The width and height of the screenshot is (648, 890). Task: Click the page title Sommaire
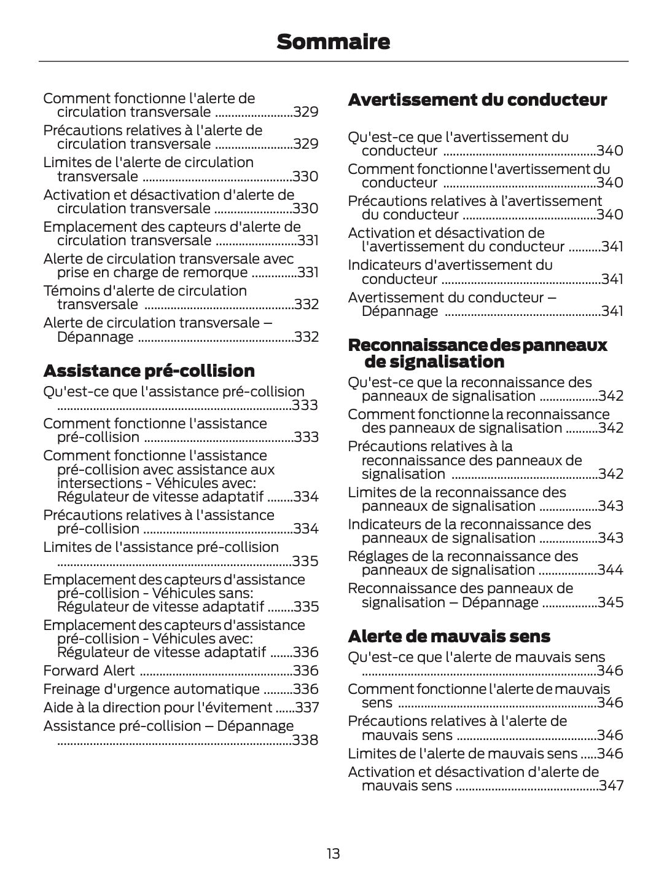tap(333, 42)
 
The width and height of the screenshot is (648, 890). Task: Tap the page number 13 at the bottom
tap(333, 854)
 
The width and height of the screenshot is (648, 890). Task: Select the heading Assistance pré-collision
tap(149, 371)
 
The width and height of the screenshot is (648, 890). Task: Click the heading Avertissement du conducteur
tap(477, 100)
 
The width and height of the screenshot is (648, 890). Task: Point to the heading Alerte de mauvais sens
tap(449, 636)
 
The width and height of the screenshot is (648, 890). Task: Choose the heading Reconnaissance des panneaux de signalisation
tap(477, 353)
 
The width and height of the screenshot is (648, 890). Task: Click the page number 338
tap(305, 740)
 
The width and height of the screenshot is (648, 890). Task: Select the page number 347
tap(611, 786)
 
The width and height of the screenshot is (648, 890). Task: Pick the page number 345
tap(611, 602)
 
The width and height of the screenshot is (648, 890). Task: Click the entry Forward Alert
tap(89, 671)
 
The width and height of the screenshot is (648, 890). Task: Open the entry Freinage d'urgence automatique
tap(151, 689)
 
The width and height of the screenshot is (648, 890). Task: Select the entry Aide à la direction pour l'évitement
tap(157, 707)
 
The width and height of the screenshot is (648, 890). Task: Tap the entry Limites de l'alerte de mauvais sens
tap(463, 754)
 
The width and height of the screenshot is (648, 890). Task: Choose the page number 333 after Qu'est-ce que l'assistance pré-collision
tap(305, 405)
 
